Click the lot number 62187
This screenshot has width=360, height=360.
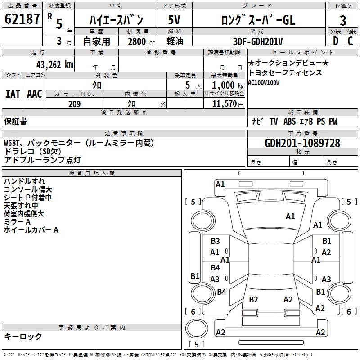tap(22, 19)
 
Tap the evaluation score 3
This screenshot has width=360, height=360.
tap(343, 20)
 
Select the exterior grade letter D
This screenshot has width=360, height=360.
tap(335, 40)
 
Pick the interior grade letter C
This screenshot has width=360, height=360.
tap(351, 40)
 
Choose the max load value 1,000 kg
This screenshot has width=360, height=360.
tap(225, 85)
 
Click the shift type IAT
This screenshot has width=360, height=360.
tap(13, 94)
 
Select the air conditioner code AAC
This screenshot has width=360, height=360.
tap(35, 94)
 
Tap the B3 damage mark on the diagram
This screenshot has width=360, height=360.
tap(215, 241)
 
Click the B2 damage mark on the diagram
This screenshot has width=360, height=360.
tap(253, 300)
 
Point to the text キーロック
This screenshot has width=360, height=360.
tap(23, 336)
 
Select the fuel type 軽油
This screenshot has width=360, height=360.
tap(175, 41)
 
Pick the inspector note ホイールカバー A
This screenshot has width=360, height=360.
tap(31, 230)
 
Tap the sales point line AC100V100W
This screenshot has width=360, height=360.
tap(264, 82)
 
